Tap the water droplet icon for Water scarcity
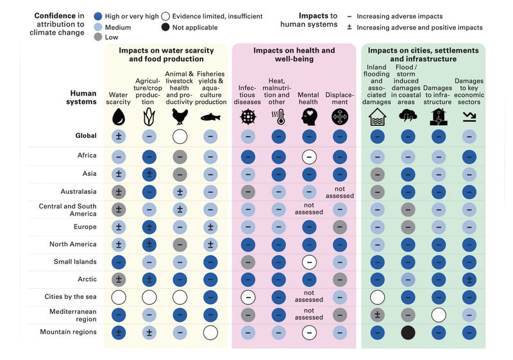click(x=118, y=117)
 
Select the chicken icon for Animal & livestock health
click(x=180, y=117)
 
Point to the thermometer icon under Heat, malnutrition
click(x=278, y=117)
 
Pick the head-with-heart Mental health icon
click(x=309, y=117)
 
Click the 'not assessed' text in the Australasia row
click(x=340, y=192)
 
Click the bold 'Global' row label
click(x=85, y=136)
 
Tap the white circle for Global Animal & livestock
click(x=180, y=136)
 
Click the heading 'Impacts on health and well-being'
click(x=294, y=55)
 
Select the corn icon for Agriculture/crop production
click(x=149, y=117)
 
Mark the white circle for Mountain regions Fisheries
click(x=210, y=332)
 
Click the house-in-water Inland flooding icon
click(x=377, y=117)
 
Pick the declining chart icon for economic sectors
click(x=469, y=117)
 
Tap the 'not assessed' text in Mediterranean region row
click(x=309, y=314)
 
